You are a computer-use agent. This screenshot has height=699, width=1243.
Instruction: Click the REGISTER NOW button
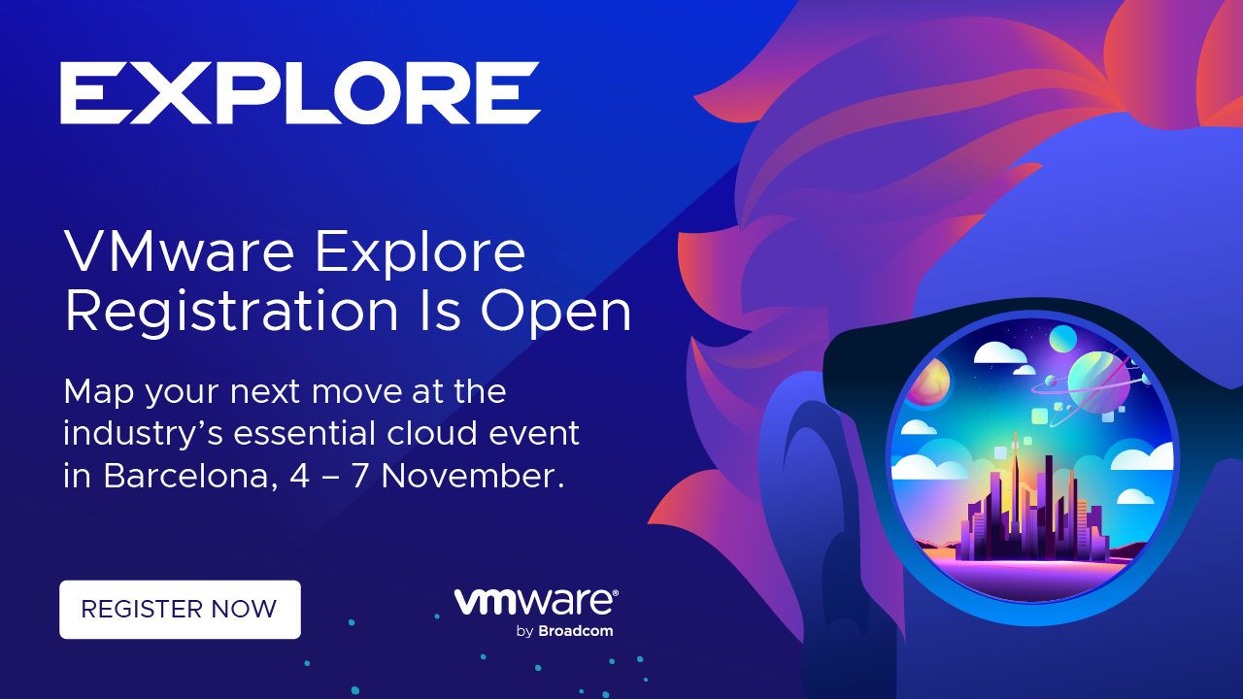pos(180,609)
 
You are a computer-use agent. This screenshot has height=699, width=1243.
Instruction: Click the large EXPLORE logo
pos(300,92)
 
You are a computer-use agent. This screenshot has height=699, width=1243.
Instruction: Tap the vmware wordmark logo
pos(536,602)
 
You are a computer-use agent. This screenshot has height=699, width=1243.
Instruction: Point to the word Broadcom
pos(576,631)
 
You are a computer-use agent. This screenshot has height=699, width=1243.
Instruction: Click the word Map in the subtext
pos(99,393)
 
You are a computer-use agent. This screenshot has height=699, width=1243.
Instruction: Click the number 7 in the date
pos(360,476)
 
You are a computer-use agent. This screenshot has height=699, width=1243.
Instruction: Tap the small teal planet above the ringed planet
pos(1062,339)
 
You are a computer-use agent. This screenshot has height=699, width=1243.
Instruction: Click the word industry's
pos(143,434)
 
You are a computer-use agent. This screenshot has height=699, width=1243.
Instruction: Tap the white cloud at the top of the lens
pos(1000,352)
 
